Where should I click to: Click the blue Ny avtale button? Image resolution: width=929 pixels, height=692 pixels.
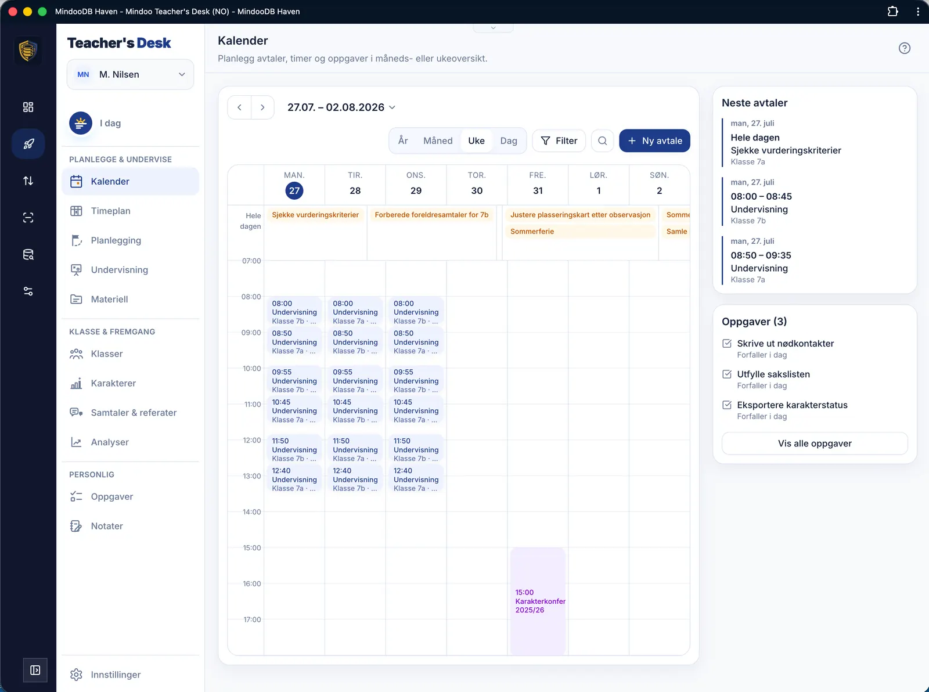point(654,140)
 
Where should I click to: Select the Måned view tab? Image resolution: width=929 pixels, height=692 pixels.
point(438,140)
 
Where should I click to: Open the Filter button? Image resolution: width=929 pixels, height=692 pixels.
point(559,140)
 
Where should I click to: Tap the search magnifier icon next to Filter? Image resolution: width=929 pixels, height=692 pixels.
point(602,140)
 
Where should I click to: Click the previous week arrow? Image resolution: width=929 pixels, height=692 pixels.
point(239,107)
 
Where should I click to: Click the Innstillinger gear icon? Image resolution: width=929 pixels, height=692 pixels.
point(76,675)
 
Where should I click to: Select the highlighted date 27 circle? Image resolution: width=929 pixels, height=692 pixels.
point(294,190)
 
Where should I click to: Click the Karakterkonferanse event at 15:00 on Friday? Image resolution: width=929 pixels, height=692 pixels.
point(538,601)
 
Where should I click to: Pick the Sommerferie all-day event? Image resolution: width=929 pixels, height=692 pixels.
point(580,231)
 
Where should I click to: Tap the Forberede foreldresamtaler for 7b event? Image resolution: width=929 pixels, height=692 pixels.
point(431,215)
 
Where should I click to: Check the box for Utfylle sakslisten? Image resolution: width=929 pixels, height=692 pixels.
point(727,374)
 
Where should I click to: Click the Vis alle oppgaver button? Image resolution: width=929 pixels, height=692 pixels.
point(815,444)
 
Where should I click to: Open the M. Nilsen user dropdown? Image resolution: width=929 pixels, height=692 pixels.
point(130,74)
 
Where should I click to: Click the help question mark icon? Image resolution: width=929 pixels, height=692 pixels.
point(904,48)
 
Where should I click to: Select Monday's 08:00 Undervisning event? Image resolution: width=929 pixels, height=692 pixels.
point(294,312)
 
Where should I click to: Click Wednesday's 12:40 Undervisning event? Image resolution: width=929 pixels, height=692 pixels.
point(416,479)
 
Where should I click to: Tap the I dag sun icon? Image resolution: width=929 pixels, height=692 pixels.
point(81,123)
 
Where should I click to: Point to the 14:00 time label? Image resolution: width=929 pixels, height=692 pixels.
point(252,512)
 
